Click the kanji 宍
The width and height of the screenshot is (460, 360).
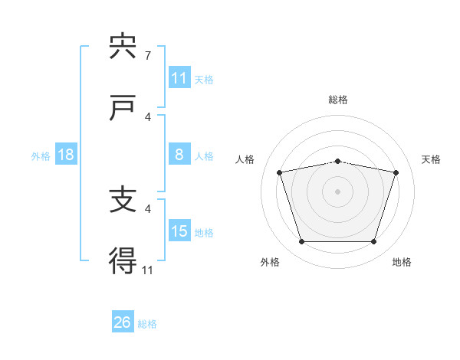point(123,45)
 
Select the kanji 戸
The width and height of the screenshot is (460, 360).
point(122,107)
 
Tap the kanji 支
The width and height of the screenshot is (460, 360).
point(123,199)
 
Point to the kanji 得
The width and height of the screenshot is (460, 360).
point(123,260)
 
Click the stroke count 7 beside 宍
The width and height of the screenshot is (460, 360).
point(148,55)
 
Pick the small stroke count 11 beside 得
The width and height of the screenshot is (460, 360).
point(147,270)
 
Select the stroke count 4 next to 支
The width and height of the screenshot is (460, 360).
point(148,209)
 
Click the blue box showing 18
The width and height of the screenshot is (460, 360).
point(66,154)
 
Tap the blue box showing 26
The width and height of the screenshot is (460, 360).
point(123,321)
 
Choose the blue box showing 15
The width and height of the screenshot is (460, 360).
point(180,230)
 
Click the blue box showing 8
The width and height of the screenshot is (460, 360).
point(180,154)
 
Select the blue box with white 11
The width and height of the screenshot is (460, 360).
point(180,77)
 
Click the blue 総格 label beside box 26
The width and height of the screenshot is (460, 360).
point(147,324)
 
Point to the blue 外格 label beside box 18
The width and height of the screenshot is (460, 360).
point(41,156)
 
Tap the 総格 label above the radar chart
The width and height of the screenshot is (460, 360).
point(338,100)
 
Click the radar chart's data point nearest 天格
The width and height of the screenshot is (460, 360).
point(396,172)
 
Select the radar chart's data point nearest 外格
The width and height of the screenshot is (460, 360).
point(302,241)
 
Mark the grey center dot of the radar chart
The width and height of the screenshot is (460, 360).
point(337,191)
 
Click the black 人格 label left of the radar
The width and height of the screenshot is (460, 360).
point(245,159)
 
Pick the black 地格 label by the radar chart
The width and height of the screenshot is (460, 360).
point(402,262)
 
